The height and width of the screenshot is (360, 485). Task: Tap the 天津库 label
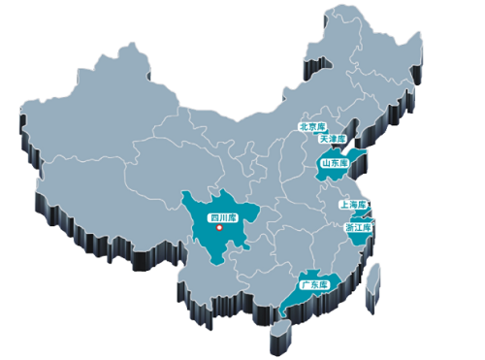333,139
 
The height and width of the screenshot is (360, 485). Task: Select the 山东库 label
335,164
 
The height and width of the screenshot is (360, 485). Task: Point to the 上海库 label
353,205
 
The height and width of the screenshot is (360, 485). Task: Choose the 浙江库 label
358,227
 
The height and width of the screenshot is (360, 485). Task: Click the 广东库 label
314,285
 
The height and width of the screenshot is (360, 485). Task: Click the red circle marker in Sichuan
220,229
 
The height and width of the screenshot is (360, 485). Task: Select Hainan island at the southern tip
280,332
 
